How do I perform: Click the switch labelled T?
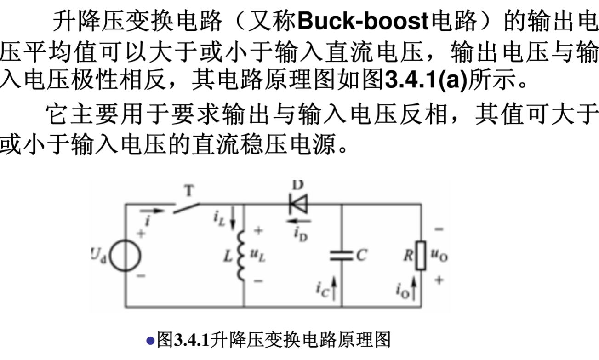(186, 207)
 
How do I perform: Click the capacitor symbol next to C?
(341, 256)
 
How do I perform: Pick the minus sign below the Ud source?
(141, 276)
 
